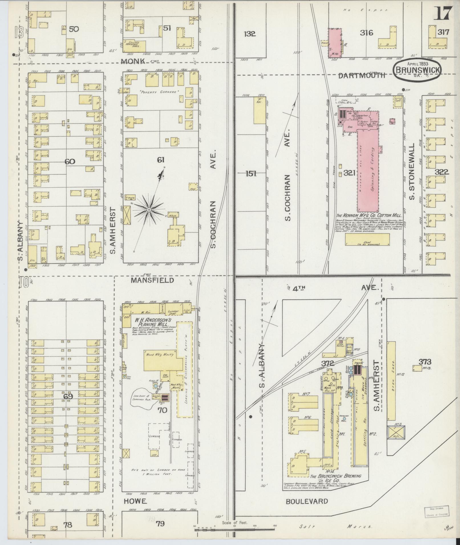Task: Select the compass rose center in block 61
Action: [149, 210]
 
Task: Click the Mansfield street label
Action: [152, 280]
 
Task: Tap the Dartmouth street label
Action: [362, 75]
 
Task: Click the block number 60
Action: [70, 162]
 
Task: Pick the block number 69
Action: [68, 396]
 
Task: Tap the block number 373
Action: [425, 362]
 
